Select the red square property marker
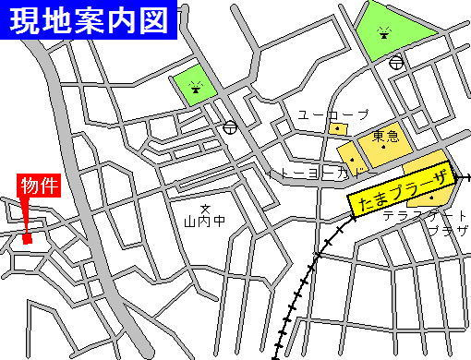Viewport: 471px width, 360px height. pyautogui.click(x=27, y=239)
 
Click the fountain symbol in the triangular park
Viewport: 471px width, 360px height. pyautogui.click(x=383, y=33)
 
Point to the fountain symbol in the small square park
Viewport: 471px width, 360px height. pyautogui.click(x=196, y=88)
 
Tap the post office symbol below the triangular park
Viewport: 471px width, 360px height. pyautogui.click(x=396, y=62)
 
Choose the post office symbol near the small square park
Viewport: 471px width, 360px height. pyautogui.click(x=229, y=127)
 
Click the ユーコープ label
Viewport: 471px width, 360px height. pyautogui.click(x=332, y=114)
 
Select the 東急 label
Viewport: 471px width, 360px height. pyautogui.click(x=385, y=137)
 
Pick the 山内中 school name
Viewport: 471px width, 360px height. pyautogui.click(x=204, y=222)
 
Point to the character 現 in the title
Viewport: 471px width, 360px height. pyautogui.click(x=28, y=19)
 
